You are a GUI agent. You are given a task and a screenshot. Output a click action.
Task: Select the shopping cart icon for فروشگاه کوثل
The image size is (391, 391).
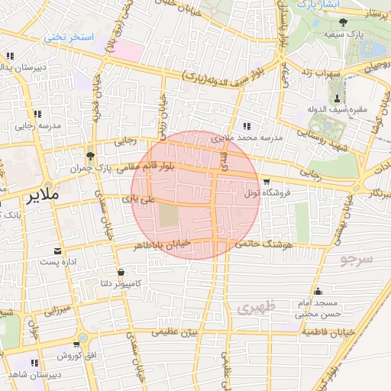pos(266,182)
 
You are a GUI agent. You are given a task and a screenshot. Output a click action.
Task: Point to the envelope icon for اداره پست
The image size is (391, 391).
pos(58,250)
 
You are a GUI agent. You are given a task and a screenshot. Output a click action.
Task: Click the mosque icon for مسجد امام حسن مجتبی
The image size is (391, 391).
pos(318,291)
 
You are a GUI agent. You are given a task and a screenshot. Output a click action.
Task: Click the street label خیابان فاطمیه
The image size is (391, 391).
pos(325,333)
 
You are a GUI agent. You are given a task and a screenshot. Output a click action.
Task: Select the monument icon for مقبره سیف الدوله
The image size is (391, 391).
pos(336,98)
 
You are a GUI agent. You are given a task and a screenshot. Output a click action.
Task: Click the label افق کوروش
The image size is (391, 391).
pos(75,356)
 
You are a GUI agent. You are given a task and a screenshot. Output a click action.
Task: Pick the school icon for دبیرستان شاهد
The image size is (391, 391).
pos(34,363)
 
